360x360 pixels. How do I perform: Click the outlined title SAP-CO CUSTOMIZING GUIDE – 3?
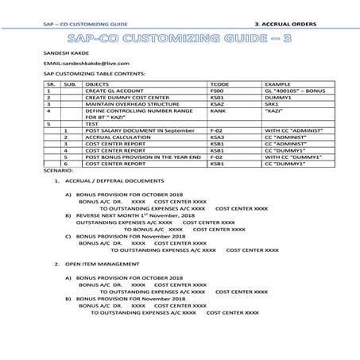pos(179,37)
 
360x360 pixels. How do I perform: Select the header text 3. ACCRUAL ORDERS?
pos(288,25)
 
